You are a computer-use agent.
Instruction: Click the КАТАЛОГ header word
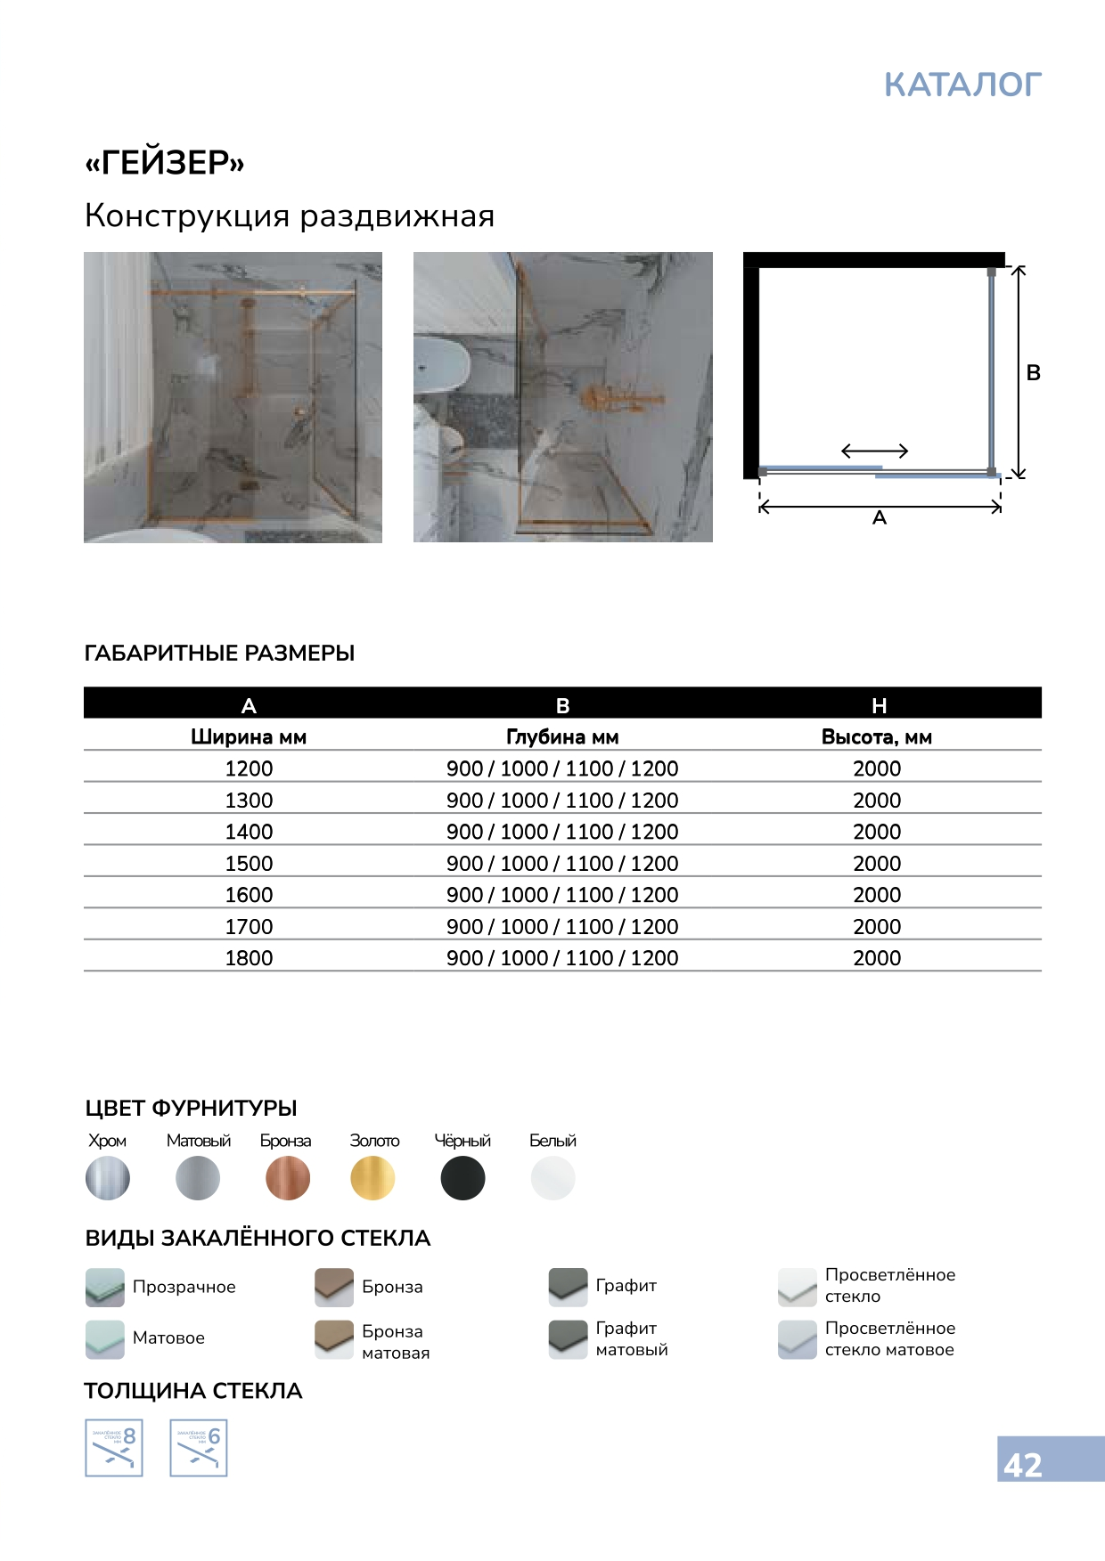click(962, 85)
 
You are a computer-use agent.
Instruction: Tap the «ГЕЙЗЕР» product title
click(165, 163)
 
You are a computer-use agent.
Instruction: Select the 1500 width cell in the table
click(249, 864)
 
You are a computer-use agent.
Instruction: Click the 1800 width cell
click(249, 958)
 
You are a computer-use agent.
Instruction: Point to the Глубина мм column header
click(562, 737)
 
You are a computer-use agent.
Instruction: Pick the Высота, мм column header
click(877, 737)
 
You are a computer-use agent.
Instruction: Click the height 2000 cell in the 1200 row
click(877, 768)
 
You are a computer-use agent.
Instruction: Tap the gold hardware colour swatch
click(372, 1178)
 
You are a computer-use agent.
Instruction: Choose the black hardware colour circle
click(463, 1178)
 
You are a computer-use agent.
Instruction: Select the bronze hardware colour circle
click(288, 1178)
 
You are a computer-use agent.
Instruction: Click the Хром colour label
click(107, 1141)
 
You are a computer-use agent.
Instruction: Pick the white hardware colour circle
click(553, 1178)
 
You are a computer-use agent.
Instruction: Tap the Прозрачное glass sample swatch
click(105, 1287)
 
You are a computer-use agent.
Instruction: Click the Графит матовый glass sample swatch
click(568, 1338)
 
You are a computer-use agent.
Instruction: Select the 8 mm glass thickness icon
click(114, 1448)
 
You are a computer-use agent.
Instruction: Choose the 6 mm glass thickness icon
click(199, 1448)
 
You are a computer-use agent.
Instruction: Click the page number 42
click(1023, 1465)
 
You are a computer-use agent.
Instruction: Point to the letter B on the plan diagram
click(1034, 373)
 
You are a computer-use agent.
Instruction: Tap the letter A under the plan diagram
click(880, 518)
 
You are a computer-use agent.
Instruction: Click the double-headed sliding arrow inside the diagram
click(874, 451)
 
